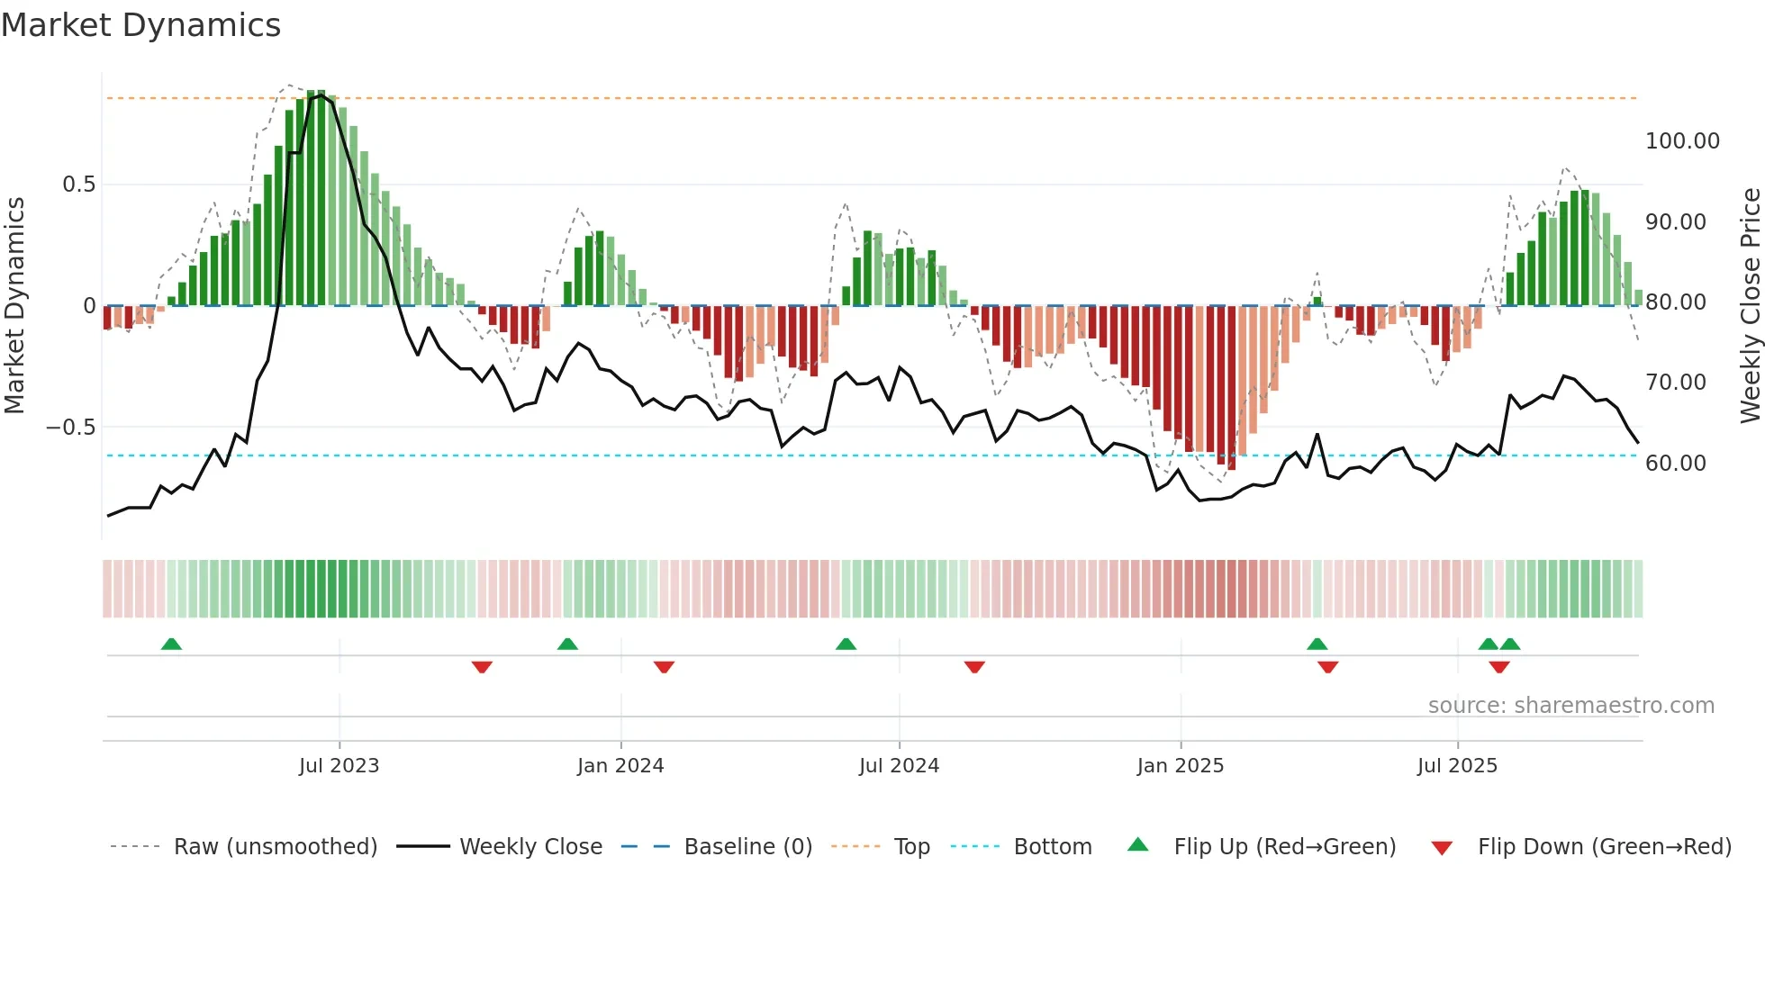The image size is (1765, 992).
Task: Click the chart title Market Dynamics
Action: tap(140, 25)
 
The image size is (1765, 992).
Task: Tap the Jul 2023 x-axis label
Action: tap(339, 766)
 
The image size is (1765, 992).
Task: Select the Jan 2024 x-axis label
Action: tap(620, 766)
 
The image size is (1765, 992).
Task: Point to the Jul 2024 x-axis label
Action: tap(899, 766)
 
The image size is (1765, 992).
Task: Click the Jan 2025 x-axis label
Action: tap(1180, 766)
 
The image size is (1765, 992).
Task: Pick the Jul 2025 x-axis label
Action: tap(1457, 766)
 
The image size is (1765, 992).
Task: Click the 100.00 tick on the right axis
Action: tap(1682, 141)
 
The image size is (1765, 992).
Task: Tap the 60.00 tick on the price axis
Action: tap(1675, 464)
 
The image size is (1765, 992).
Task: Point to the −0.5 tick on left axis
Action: tap(71, 428)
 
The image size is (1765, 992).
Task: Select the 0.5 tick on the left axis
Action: tap(78, 185)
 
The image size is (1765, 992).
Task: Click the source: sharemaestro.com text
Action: tap(1570, 706)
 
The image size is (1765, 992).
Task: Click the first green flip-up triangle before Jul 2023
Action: tap(171, 644)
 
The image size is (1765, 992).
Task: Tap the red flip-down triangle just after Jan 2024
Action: tap(664, 667)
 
